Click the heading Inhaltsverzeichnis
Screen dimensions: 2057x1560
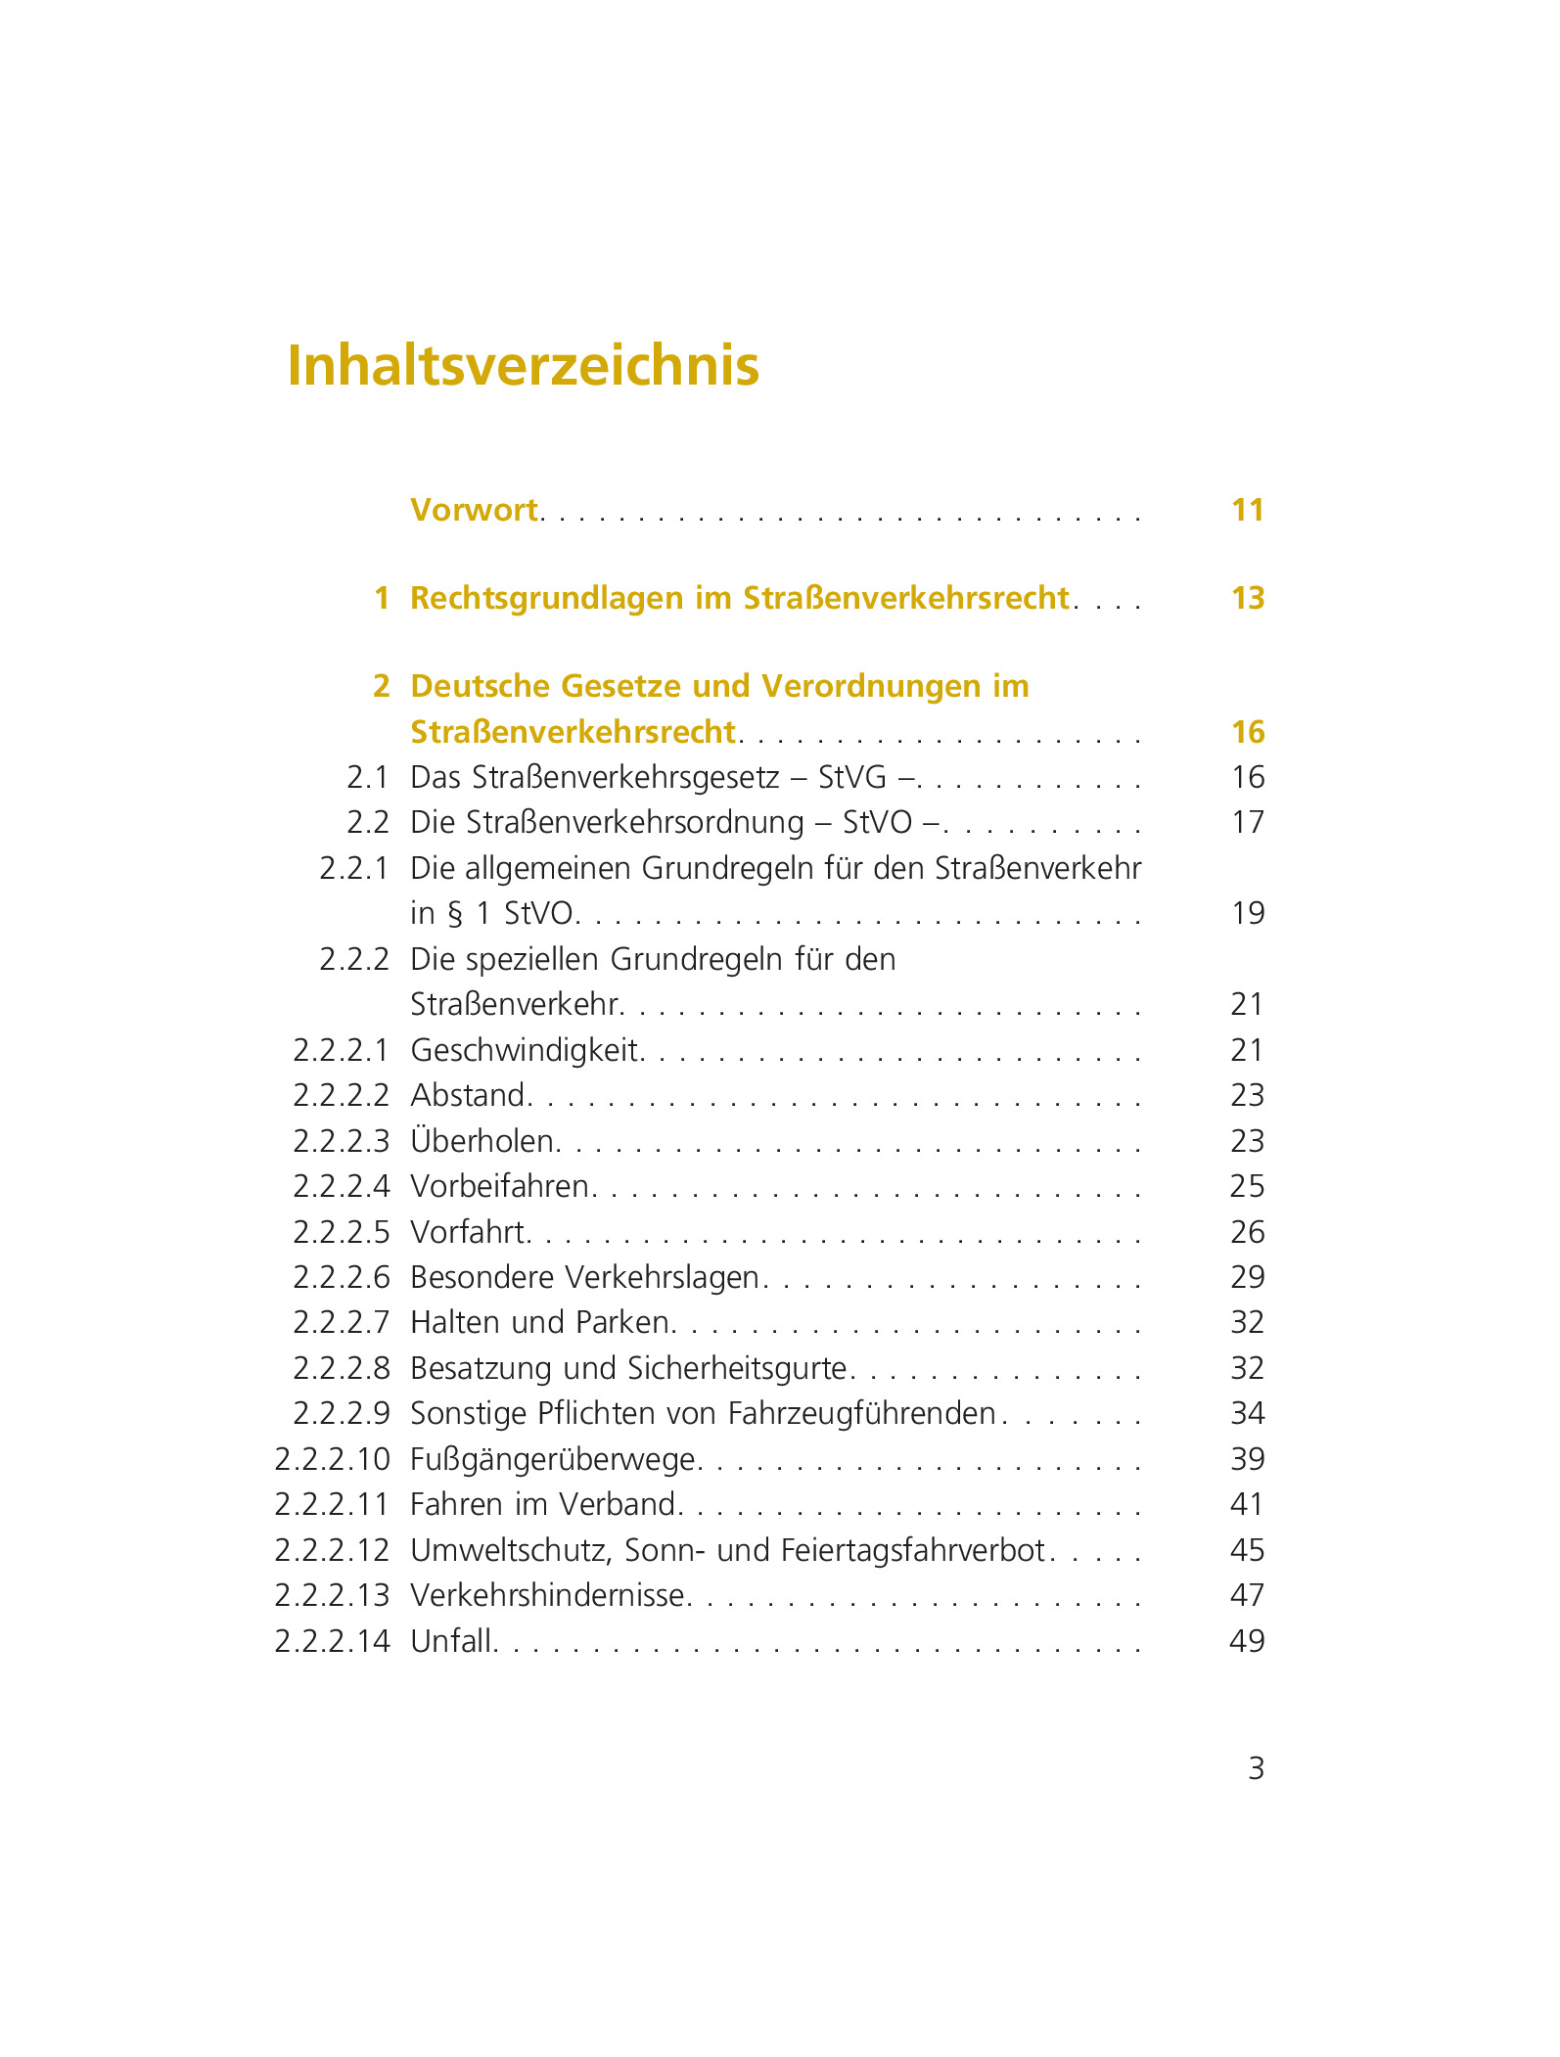(523, 366)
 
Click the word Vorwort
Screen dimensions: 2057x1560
(474, 510)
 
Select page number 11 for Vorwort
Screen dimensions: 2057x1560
(1248, 510)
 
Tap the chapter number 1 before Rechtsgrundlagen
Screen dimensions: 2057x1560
(382, 598)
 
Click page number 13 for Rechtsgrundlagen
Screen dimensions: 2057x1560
(1248, 598)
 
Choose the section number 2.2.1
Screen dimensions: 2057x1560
(353, 868)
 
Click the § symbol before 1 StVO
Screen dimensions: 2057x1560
(454, 914)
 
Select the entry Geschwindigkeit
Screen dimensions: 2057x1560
(525, 1051)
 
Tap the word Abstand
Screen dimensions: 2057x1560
(469, 1095)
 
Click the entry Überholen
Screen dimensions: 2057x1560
(483, 1141)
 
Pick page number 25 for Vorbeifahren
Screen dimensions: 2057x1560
(1248, 1187)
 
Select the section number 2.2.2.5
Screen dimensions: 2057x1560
(341, 1232)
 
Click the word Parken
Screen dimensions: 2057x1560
(622, 1323)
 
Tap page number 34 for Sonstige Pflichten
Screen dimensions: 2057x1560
(1248, 1414)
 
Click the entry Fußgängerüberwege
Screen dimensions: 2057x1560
(553, 1459)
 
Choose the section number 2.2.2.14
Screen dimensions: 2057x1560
(332, 1641)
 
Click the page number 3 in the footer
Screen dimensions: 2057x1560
(1257, 1768)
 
